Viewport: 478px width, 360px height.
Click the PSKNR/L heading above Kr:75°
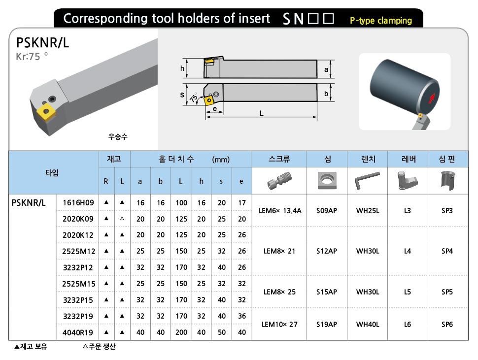[42, 43]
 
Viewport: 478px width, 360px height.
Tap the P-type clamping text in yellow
[380, 21]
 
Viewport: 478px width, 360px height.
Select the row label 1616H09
[78, 202]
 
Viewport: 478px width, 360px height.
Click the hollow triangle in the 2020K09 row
[122, 218]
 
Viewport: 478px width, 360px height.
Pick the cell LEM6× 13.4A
[279, 210]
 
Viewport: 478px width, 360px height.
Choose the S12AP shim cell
[327, 251]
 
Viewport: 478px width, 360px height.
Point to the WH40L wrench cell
[368, 325]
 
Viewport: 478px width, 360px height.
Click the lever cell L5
[407, 292]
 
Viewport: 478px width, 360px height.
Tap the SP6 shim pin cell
[447, 325]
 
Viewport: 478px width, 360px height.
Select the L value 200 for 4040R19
[181, 332]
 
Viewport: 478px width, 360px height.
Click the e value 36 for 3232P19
[241, 316]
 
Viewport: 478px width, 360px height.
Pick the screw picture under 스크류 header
[279, 180]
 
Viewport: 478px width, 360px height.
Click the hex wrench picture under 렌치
[368, 181]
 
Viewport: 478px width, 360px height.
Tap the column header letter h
[201, 181]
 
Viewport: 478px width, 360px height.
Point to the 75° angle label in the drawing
[195, 98]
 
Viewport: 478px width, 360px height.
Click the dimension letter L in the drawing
[262, 113]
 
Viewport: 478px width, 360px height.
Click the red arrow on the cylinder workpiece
[433, 98]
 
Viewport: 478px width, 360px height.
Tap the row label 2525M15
[78, 284]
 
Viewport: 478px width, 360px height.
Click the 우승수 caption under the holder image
[117, 137]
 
